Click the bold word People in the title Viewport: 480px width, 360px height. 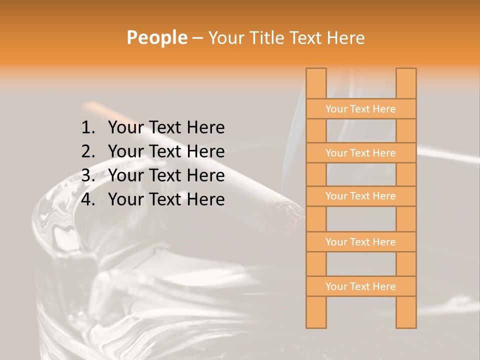pos(156,37)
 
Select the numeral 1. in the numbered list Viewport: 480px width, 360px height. pos(88,128)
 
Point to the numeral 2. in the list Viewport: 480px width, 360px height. pos(88,151)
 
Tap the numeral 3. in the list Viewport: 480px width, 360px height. pos(88,175)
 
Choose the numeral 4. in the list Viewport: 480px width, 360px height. pos(88,199)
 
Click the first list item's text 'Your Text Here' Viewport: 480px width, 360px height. pos(166,128)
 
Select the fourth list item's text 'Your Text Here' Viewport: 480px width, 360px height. pos(166,199)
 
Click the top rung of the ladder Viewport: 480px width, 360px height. pos(360,109)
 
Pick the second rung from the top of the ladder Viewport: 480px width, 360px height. pos(360,153)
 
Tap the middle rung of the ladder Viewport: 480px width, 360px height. pos(360,196)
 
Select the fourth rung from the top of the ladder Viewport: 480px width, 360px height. pos(360,242)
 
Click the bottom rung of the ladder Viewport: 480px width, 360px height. pos(360,286)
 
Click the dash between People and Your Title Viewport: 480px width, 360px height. pos(197,38)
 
